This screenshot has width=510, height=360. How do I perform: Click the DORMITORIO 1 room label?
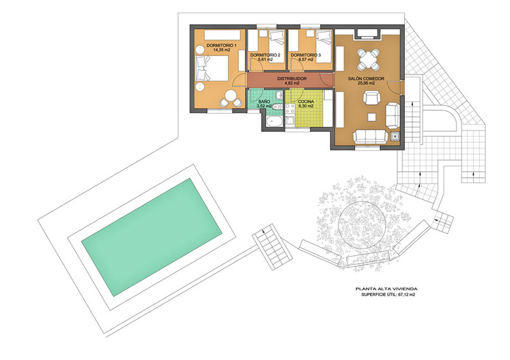coord(221,45)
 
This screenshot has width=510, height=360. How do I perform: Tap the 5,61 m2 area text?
coord(265,60)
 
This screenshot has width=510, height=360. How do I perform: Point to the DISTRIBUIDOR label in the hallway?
coord(292,79)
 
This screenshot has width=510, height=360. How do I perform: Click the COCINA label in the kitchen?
coord(306,101)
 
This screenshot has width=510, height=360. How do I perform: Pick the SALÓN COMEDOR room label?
coord(366,79)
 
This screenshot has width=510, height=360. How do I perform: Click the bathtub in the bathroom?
coord(275,122)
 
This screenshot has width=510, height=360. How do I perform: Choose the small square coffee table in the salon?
coord(371,117)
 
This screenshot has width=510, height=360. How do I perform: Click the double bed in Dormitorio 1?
coord(212,68)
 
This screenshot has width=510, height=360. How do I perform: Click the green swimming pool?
coord(152,237)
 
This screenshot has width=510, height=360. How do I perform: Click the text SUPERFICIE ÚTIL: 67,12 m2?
coord(388,294)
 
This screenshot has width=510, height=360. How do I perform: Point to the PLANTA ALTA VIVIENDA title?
coord(386,289)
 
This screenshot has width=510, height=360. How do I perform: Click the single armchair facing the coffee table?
coord(372,97)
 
